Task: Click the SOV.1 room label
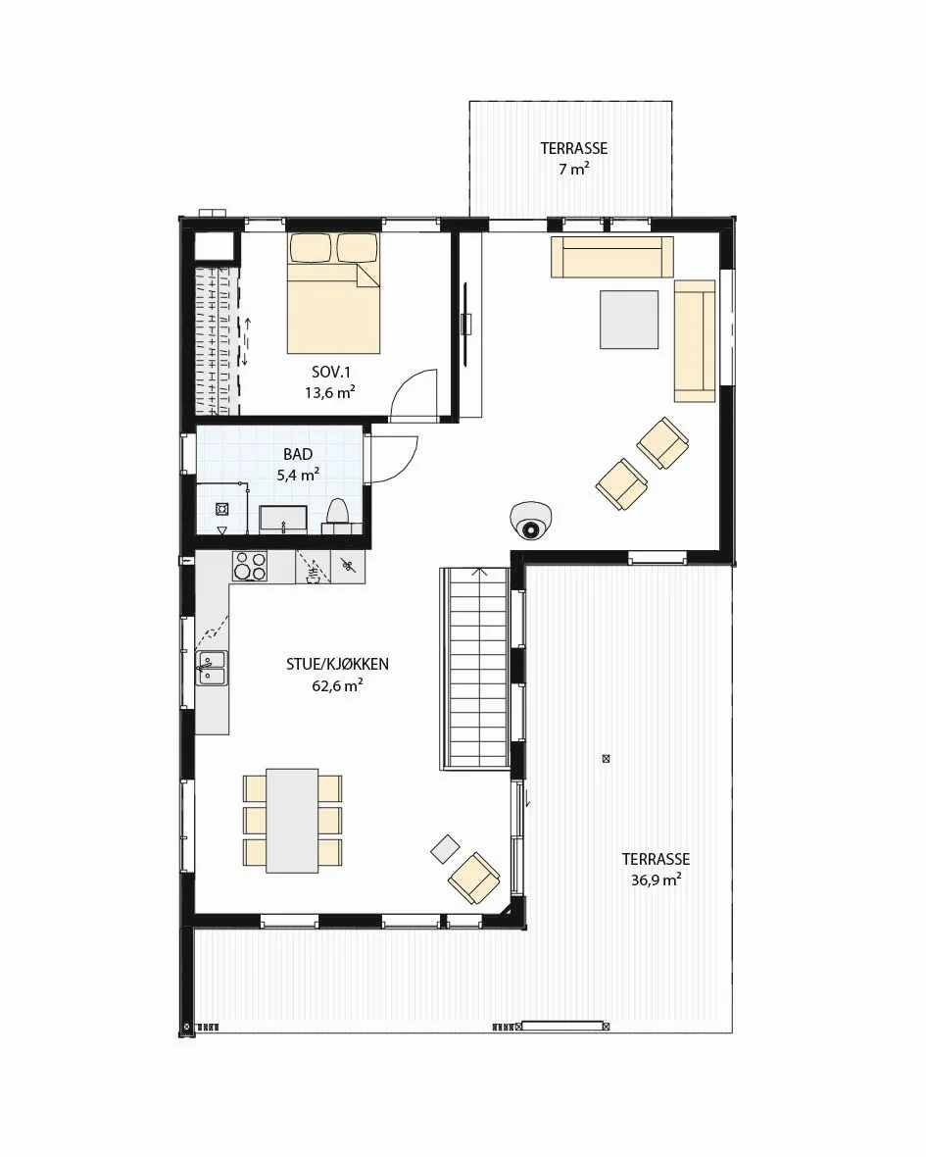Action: tap(330, 373)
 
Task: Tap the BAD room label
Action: tap(298, 455)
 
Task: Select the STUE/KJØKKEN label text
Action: tap(338, 664)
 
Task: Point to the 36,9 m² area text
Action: tap(657, 880)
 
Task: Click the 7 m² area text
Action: tap(573, 169)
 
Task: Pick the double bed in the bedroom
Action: tap(334, 293)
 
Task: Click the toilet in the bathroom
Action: tap(338, 515)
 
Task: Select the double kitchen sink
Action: tap(212, 669)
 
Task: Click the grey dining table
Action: tap(293, 819)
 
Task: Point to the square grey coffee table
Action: tap(629, 320)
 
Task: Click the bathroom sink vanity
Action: tap(283, 519)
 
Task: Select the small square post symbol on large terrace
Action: tap(606, 758)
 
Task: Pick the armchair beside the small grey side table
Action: tap(473, 879)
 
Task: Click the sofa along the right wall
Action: tap(695, 341)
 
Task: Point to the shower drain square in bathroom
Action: tap(221, 509)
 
